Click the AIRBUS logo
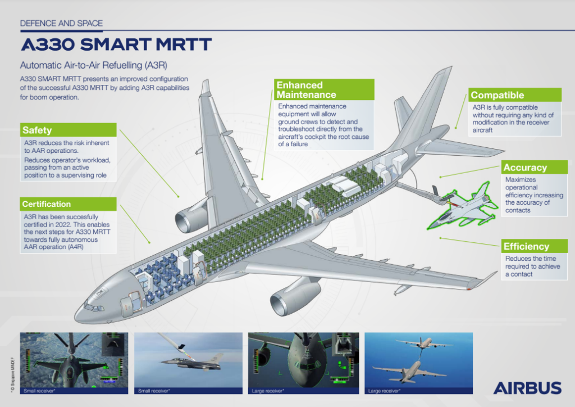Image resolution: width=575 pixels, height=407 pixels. (x=527, y=388)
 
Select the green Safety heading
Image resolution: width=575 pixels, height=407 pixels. (x=69, y=130)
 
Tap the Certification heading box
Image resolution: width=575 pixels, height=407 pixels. (x=69, y=204)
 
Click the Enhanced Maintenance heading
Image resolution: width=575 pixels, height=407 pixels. (x=324, y=89)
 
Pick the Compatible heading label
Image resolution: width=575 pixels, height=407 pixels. (x=515, y=94)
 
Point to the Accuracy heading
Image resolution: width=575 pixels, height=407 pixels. (x=535, y=167)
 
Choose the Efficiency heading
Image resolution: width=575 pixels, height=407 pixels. (x=535, y=246)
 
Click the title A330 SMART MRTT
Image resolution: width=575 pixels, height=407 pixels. (x=116, y=44)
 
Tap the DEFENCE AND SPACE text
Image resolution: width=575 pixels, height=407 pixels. (x=61, y=23)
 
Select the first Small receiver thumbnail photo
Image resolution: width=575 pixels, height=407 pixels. (x=74, y=363)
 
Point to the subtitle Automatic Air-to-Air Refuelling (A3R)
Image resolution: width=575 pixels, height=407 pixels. (x=94, y=65)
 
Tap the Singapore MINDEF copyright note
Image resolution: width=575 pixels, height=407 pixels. (x=12, y=375)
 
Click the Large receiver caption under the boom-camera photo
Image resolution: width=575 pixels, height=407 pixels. (x=268, y=391)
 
